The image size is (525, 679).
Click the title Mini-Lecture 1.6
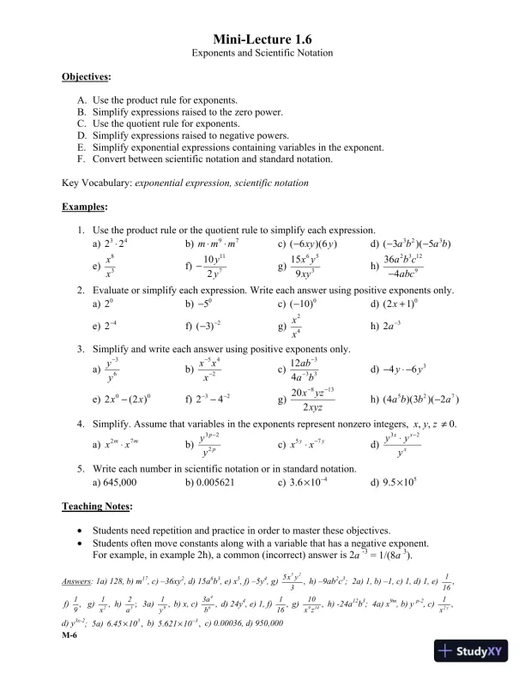[262, 39]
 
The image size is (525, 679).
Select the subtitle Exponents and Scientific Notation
[262, 54]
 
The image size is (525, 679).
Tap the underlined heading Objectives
[86, 77]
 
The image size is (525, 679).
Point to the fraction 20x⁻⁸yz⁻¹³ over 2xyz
[318, 399]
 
